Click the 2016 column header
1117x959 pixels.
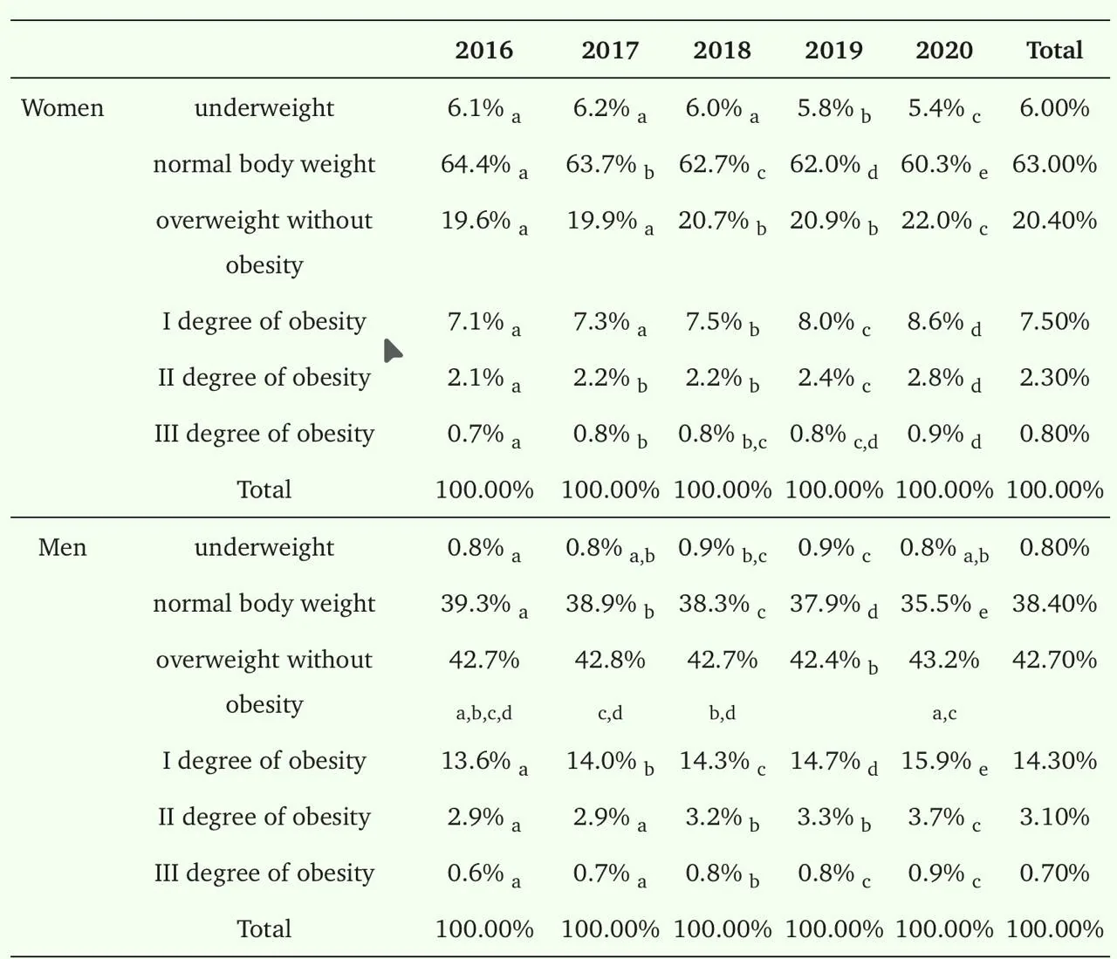click(483, 50)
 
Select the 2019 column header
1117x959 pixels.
click(833, 50)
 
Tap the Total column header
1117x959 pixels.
click(1054, 50)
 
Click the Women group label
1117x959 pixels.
click(62, 108)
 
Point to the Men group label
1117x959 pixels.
click(62, 548)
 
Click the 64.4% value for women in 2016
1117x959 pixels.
click(476, 164)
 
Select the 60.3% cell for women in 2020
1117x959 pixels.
click(935, 164)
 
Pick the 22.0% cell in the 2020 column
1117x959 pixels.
click(935, 220)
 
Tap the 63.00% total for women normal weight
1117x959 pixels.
click(1054, 164)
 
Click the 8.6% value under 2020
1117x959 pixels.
click(935, 321)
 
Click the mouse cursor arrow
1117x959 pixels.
click(393, 351)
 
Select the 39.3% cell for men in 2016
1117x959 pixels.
click(476, 604)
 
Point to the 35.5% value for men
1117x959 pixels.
click(935, 604)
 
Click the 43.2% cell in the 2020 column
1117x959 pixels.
click(944, 660)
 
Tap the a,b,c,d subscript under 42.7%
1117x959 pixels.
click(483, 713)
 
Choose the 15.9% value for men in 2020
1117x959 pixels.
click(935, 761)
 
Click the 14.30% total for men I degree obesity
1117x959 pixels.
click(1054, 761)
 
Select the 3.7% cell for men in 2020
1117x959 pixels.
click(935, 817)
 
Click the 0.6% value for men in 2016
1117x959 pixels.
click(476, 873)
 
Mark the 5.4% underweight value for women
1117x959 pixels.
click(935, 108)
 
